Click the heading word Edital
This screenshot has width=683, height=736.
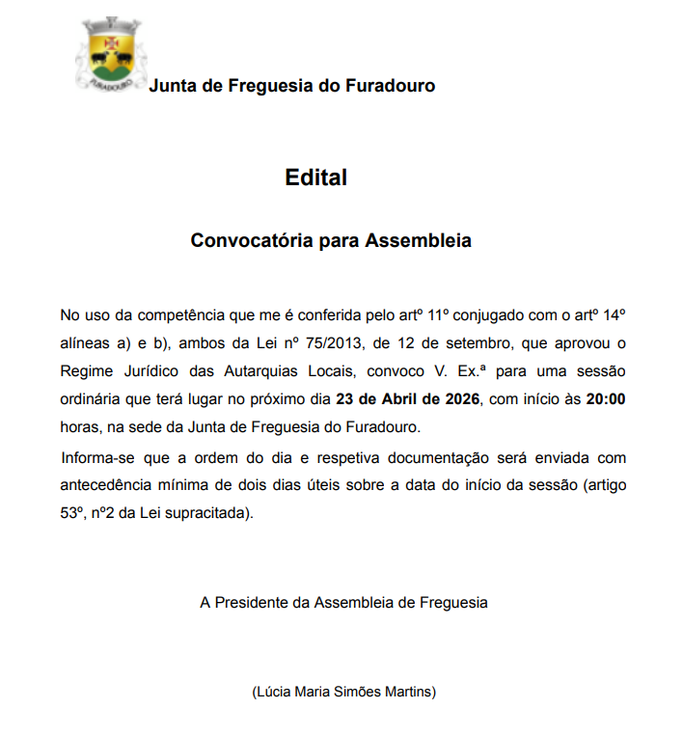pyautogui.click(x=315, y=177)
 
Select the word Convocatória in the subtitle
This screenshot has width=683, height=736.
pyautogui.click(x=253, y=240)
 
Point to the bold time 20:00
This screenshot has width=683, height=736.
pyautogui.click(x=606, y=398)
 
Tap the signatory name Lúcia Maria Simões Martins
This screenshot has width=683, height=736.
pyautogui.click(x=343, y=692)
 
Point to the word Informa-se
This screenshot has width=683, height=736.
pyautogui.click(x=95, y=456)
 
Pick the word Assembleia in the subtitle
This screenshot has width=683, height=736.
pyautogui.click(x=418, y=240)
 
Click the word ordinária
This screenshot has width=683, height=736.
pyautogui.click(x=91, y=398)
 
